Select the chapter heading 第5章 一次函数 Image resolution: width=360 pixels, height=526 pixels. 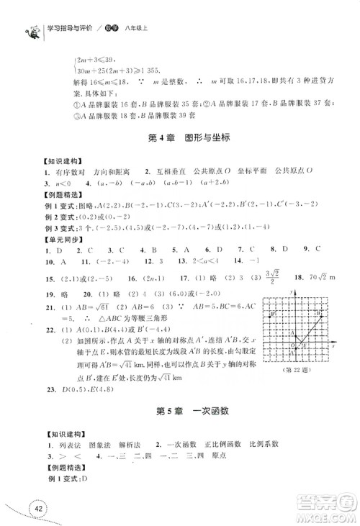181,413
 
